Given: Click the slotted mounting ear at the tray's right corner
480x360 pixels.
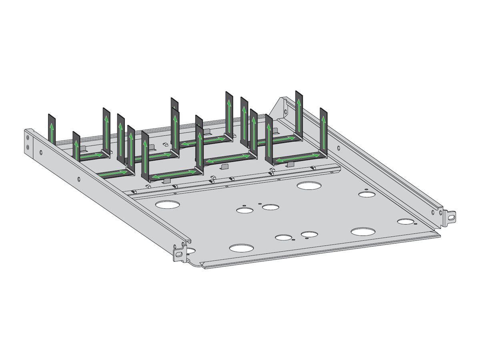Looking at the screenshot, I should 451,216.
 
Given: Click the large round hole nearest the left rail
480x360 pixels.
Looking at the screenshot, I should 168,205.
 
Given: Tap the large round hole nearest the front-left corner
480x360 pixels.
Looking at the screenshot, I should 239,248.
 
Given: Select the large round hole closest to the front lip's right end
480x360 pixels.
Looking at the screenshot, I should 363,232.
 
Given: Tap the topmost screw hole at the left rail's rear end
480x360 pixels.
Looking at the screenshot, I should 28,138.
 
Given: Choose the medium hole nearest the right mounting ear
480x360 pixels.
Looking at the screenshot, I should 405,221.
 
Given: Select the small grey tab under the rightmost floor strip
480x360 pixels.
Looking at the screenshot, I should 291,164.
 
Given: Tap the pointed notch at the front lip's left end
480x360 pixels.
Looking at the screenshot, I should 202,264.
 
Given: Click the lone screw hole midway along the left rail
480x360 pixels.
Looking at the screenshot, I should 79,178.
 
